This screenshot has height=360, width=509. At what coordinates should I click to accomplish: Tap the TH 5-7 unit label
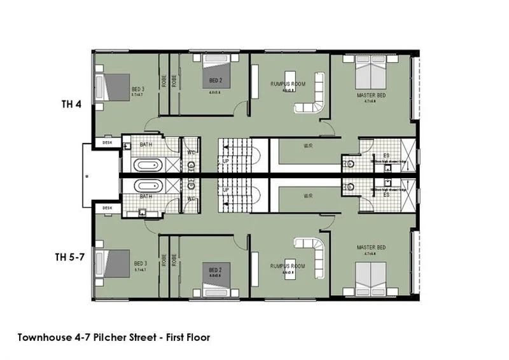click(68, 258)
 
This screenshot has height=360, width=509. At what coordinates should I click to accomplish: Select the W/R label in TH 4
click(308, 146)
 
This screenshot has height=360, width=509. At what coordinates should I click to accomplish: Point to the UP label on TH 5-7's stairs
click(225, 190)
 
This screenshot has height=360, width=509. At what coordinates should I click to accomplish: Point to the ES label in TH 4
click(386, 155)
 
